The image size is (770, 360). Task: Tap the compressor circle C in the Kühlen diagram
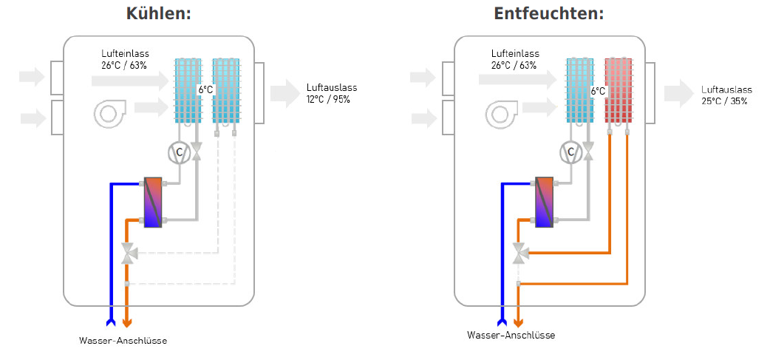(x=179, y=152)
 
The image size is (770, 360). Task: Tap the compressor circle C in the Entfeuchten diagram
(x=570, y=152)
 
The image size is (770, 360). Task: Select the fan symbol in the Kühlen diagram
(x=109, y=113)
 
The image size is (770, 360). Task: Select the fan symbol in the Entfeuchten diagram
(x=502, y=113)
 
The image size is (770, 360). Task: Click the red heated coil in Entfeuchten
(x=619, y=90)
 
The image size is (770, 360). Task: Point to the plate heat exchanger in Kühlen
(x=153, y=202)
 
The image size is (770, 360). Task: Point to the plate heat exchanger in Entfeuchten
(x=545, y=202)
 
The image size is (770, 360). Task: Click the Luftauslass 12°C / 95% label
(x=328, y=93)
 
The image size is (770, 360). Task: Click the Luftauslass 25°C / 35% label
(x=724, y=95)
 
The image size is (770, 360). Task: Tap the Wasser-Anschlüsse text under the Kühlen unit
(x=123, y=341)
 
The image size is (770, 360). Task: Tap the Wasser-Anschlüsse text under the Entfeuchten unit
(x=511, y=335)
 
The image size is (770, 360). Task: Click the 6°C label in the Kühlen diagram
(x=205, y=90)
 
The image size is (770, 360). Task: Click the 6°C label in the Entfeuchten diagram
(x=598, y=91)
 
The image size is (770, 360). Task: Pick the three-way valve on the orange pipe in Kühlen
(x=129, y=254)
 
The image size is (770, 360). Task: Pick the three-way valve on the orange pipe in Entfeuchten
(x=521, y=254)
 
